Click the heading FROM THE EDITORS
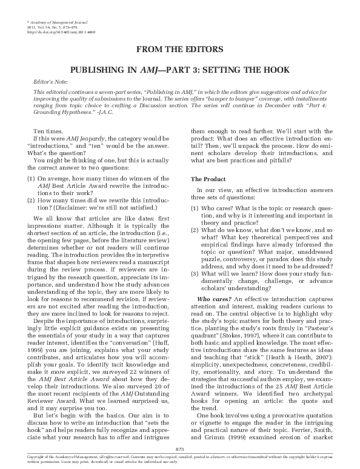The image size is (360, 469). click(180, 48)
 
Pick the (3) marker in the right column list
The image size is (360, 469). click(195, 272)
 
